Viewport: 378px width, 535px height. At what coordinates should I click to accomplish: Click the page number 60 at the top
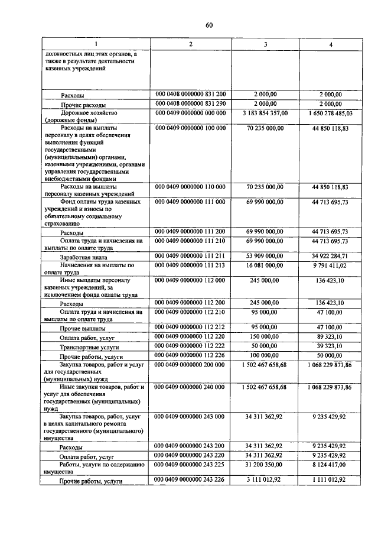coord(208,24)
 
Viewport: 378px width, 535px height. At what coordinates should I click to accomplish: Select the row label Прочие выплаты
coord(83,328)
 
